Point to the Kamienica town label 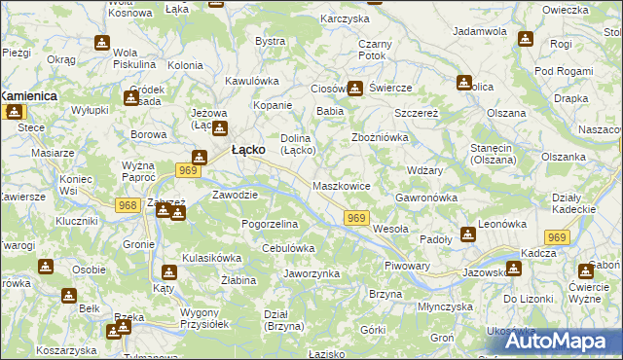click(29, 96)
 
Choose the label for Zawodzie click(235, 195)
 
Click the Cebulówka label click(288, 248)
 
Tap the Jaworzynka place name click(311, 274)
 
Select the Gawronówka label click(426, 198)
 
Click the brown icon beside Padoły click(469, 234)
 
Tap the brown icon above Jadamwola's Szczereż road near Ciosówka click(355, 89)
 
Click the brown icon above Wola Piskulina click(102, 44)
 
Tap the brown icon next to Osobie click(46, 267)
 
